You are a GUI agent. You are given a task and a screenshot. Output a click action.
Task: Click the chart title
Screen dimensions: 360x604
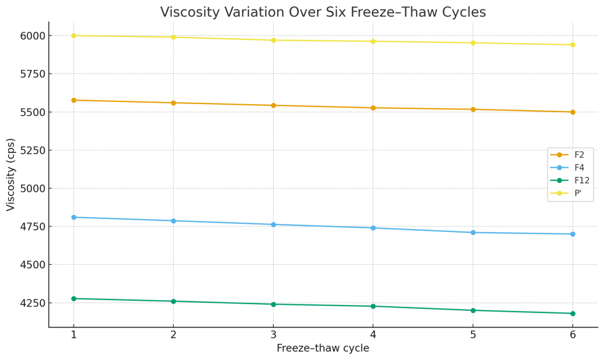[x=323, y=12]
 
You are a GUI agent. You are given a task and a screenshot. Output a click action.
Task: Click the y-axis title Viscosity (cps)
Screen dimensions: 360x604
[x=11, y=174]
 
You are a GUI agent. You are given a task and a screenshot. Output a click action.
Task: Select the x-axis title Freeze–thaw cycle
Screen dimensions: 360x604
[x=323, y=348]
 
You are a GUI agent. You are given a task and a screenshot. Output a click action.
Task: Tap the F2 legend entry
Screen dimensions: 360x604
[x=579, y=155]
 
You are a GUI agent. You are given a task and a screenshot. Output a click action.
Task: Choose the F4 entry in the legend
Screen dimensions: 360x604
[x=579, y=168]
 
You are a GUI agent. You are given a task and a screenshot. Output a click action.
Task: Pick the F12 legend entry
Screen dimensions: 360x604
[x=582, y=181]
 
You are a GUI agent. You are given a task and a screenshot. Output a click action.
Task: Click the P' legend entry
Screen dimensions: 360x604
[x=577, y=193]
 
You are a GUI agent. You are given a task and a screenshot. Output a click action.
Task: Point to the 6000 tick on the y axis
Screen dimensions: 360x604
[x=31, y=36]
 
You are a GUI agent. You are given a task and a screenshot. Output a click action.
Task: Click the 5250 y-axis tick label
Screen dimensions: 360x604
[x=31, y=150]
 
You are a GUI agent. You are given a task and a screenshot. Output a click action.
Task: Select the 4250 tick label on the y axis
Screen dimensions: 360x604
[x=31, y=303]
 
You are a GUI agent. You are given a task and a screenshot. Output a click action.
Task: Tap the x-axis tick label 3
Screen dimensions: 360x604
[x=273, y=335]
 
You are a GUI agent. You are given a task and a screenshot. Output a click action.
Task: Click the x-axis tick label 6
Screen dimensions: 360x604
[x=573, y=335]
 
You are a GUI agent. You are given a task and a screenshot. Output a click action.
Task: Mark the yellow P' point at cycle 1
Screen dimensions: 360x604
[x=74, y=35]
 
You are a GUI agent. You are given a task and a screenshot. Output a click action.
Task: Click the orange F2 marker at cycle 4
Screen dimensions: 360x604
[x=373, y=108]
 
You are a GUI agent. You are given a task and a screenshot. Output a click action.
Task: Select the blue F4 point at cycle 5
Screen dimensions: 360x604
[x=473, y=233]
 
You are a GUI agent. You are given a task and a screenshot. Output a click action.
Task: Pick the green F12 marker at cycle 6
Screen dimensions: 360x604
[x=573, y=314]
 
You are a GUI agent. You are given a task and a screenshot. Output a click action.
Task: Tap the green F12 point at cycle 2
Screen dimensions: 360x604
[x=174, y=301]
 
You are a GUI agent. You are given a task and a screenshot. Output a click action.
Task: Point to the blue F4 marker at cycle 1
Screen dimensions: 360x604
[x=74, y=217]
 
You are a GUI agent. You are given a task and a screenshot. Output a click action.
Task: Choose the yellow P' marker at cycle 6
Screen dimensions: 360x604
[x=573, y=45]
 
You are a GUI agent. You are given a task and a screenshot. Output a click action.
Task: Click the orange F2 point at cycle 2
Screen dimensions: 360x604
[x=174, y=103]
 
